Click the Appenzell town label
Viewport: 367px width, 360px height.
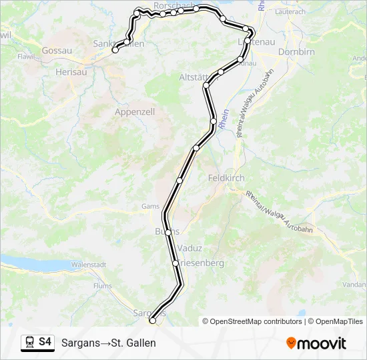click(135, 112)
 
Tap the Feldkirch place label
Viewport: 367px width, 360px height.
click(226, 178)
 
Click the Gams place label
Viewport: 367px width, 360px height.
click(150, 207)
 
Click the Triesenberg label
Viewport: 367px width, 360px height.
click(200, 263)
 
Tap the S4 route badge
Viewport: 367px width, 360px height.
click(45, 342)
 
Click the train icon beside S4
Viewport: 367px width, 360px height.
click(29, 343)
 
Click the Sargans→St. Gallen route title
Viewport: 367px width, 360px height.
click(108, 343)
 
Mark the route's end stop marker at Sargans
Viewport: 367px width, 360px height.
click(153, 321)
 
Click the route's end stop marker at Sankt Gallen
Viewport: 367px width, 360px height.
click(115, 50)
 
